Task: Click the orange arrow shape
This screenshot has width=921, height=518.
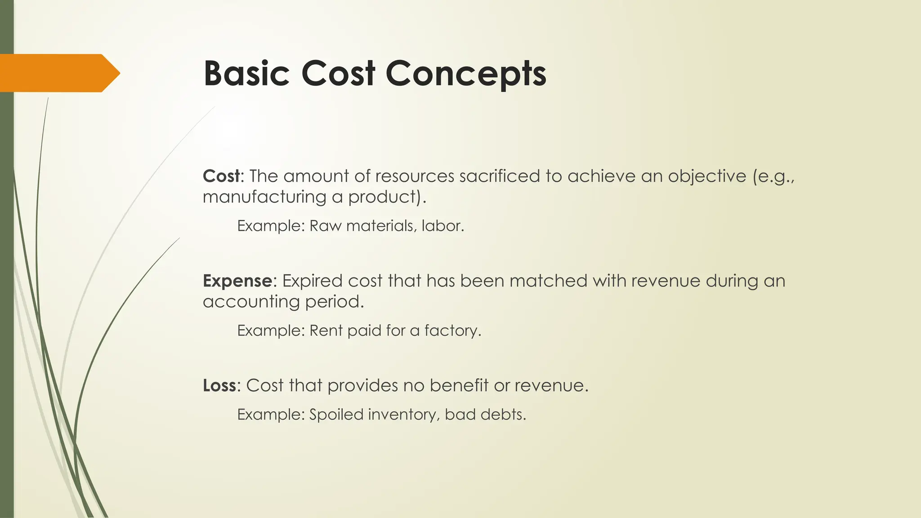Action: [58, 73]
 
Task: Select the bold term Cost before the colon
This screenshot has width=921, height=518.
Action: [221, 176]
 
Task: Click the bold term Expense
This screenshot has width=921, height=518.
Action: [237, 281]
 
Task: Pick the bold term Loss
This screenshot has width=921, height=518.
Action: [219, 385]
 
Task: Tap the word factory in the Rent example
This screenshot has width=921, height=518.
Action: [452, 330]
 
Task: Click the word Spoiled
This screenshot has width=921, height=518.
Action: [336, 414]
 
